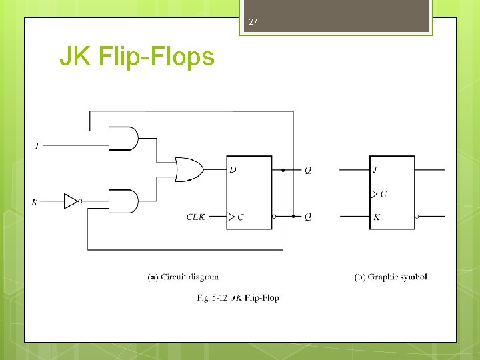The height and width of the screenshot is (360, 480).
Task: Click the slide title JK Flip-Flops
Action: coord(137,57)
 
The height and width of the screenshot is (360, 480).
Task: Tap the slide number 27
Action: coord(253,23)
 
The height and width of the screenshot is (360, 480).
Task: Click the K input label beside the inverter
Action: coord(35,201)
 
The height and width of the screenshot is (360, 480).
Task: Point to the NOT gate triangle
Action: coord(71,201)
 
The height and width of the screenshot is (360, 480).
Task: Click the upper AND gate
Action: coord(123,139)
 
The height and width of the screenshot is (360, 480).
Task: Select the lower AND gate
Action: coord(123,201)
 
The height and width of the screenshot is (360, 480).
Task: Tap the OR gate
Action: coord(189,169)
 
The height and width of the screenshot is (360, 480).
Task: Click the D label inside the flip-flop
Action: coord(233,170)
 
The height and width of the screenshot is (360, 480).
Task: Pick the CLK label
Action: coord(196,216)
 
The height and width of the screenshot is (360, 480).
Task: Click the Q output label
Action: coord(307,170)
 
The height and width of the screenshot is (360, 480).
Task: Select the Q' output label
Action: coord(309,216)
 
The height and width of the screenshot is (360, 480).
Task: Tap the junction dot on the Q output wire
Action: coord(283,170)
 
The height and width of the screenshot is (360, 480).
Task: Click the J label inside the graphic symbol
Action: coord(375,170)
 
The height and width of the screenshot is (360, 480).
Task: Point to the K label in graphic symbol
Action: coord(377,217)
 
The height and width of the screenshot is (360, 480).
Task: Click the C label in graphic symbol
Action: coord(383,194)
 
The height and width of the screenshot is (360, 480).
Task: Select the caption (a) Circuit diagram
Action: coord(183,277)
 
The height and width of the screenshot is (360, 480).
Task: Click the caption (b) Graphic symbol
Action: coord(390,277)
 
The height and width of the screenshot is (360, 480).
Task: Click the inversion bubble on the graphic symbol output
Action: coord(417,216)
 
